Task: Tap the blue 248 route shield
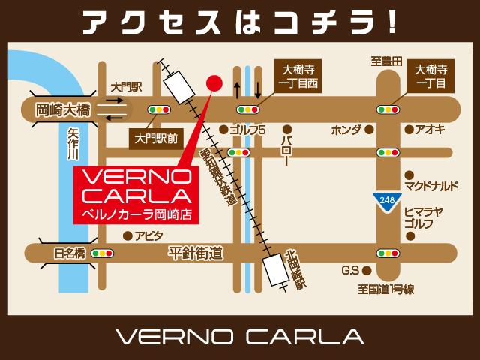coord(385,199)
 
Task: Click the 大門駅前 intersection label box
coord(156,138)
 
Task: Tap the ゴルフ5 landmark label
coord(249,130)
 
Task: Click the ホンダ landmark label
coord(346,130)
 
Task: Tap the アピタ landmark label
coord(149,235)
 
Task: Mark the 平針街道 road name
coord(196,255)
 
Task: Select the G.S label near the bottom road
coord(351,270)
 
